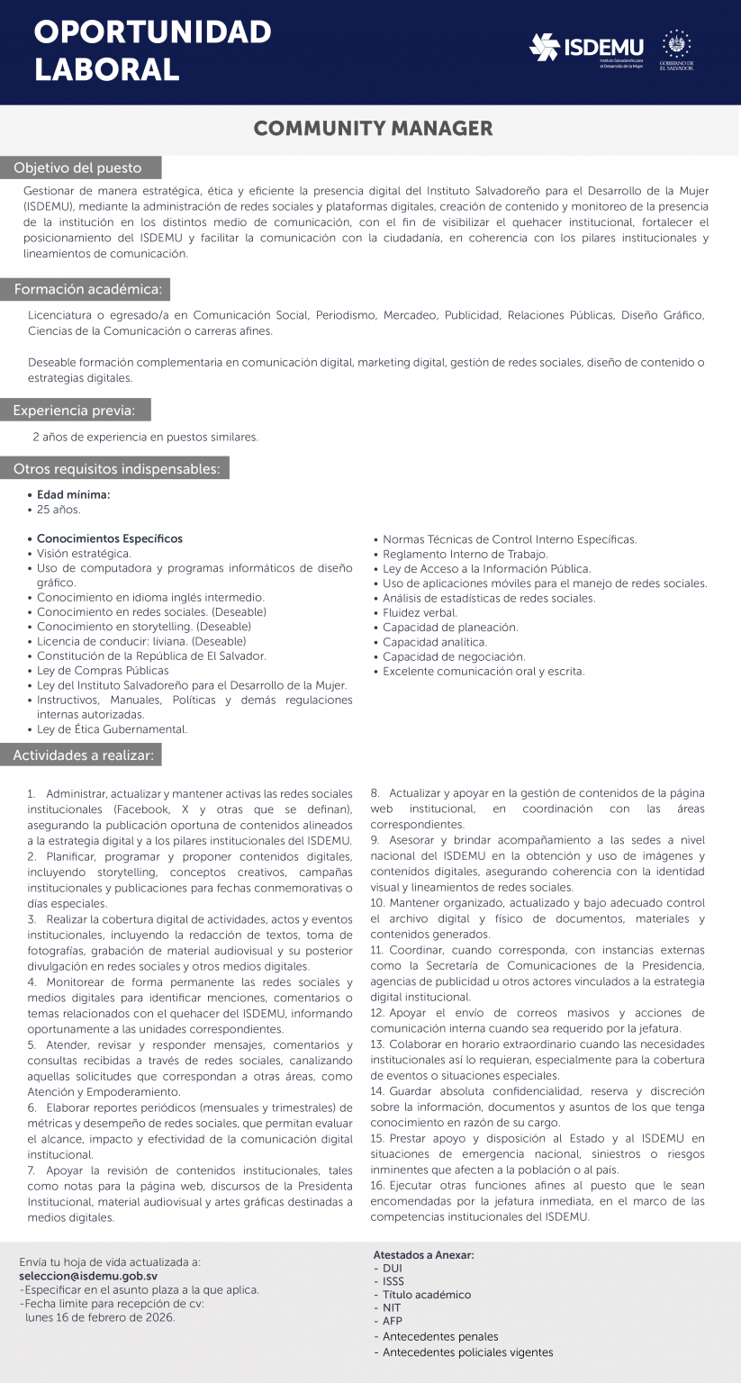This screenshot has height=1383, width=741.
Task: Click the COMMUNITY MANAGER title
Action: [373, 129]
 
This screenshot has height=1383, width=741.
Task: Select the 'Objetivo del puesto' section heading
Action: [78, 168]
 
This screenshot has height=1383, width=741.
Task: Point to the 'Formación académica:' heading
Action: [87, 290]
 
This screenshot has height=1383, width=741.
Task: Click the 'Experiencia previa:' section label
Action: [75, 411]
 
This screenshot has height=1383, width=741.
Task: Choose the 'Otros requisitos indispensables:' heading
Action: [116, 468]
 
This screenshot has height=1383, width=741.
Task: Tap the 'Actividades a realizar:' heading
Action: [83, 755]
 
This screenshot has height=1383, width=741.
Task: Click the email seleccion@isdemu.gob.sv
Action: [88, 1276]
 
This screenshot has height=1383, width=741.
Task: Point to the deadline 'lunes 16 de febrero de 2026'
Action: [100, 1316]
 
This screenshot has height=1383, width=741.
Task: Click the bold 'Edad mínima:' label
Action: [73, 494]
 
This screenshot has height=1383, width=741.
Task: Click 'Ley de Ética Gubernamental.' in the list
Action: [112, 729]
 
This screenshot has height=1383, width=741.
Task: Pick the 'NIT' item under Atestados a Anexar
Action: [392, 1307]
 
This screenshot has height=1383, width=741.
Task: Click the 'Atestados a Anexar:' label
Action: [423, 1255]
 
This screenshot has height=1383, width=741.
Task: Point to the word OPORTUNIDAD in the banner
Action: [153, 32]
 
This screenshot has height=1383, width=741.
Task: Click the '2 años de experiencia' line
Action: [145, 438]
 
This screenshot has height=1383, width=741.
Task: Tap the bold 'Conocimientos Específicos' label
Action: [109, 538]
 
